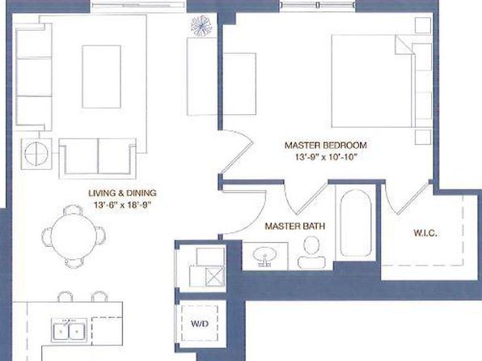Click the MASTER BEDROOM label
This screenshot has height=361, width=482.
tap(326, 145)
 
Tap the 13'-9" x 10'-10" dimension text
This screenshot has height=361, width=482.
tap(326, 157)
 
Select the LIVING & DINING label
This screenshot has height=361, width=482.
tap(122, 193)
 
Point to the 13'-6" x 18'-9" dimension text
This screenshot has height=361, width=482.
tap(122, 205)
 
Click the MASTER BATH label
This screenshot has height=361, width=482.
tap(295, 226)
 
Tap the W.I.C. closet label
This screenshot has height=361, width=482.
tap(425, 233)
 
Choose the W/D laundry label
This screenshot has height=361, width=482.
tap(200, 324)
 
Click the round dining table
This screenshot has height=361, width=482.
tap(74, 236)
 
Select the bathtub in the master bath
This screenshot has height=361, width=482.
tap(356, 223)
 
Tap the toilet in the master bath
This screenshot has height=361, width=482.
tap(311, 253)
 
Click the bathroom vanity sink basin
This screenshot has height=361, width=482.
tap(264, 256)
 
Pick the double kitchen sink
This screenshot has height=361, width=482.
tap(69, 330)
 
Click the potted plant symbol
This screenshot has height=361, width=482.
tap(201, 26)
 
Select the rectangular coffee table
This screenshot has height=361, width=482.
tap(101, 77)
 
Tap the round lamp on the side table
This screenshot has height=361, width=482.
tap(36, 153)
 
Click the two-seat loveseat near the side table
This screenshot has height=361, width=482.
tap(97, 159)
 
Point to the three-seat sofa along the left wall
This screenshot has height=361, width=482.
tap(33, 77)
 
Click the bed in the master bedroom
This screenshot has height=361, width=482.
tap(382, 81)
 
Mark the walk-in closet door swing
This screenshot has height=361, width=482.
tap(406, 197)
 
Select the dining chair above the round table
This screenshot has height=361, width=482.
tap(73, 210)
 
